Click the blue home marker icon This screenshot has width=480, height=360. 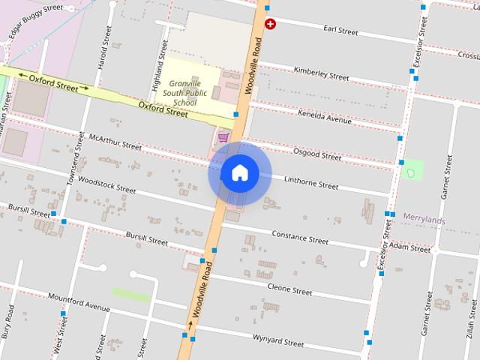[239, 173]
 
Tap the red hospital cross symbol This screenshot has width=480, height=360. [271, 24]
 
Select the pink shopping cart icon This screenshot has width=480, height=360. [222, 136]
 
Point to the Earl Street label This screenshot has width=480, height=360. [340, 31]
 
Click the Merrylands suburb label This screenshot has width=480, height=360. [424, 220]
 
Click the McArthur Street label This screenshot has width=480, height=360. [114, 141]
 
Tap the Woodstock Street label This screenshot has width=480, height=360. [106, 186]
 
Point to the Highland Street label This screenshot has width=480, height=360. [158, 70]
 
